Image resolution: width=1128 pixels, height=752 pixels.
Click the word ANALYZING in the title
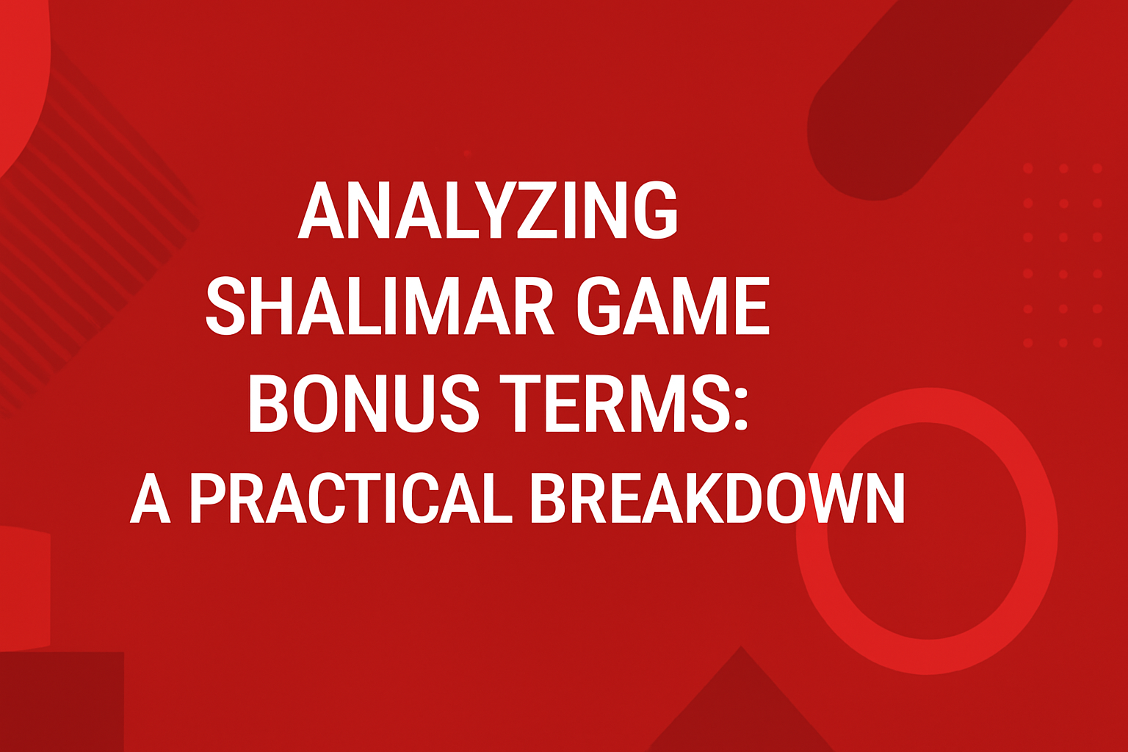(488, 210)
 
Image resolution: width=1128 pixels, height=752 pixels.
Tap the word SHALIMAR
(379, 306)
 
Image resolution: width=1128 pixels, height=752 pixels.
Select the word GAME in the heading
(673, 306)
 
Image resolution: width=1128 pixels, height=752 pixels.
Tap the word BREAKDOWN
(717, 499)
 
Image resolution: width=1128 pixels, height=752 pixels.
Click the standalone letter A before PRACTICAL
(151, 499)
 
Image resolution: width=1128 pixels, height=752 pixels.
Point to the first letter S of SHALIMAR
(225, 306)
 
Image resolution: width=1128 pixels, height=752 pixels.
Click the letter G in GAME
(601, 306)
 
